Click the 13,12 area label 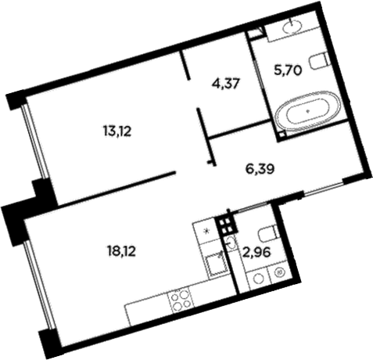pos(117,131)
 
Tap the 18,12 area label pos(121,252)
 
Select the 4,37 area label pos(226,85)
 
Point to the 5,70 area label pos(288,70)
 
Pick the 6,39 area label pos(260,169)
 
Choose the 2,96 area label pos(256,253)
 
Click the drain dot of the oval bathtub pos(308,110)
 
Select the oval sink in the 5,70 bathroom pos(292,26)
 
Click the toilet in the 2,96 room pos(268,233)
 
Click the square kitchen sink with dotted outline pos(217,265)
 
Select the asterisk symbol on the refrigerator pos(206,231)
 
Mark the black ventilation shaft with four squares pos(226,225)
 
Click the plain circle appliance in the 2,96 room pos(258,279)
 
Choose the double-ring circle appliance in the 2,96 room pos(280,272)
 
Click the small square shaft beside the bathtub pos(282,135)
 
